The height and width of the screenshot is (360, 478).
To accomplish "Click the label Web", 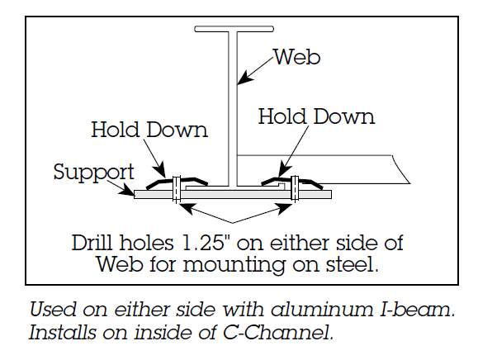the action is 297,57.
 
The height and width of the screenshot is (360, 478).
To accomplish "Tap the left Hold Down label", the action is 149,130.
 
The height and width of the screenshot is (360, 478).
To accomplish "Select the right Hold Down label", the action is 316,116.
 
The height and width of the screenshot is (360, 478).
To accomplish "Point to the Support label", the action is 93,173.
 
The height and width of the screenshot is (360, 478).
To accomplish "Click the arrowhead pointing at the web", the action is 245,78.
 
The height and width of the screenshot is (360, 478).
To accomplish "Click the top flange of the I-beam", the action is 234,29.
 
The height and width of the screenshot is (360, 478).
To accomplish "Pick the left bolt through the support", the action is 177,189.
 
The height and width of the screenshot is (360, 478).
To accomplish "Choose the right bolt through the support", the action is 295,188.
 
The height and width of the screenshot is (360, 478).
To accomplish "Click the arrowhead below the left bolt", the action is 187,208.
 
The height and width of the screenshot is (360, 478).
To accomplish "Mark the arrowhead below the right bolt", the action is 285,209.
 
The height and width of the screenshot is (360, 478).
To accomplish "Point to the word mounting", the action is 234,265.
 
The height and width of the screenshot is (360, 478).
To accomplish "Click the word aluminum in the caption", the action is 322,310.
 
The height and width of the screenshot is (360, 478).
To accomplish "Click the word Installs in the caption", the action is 63,332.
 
